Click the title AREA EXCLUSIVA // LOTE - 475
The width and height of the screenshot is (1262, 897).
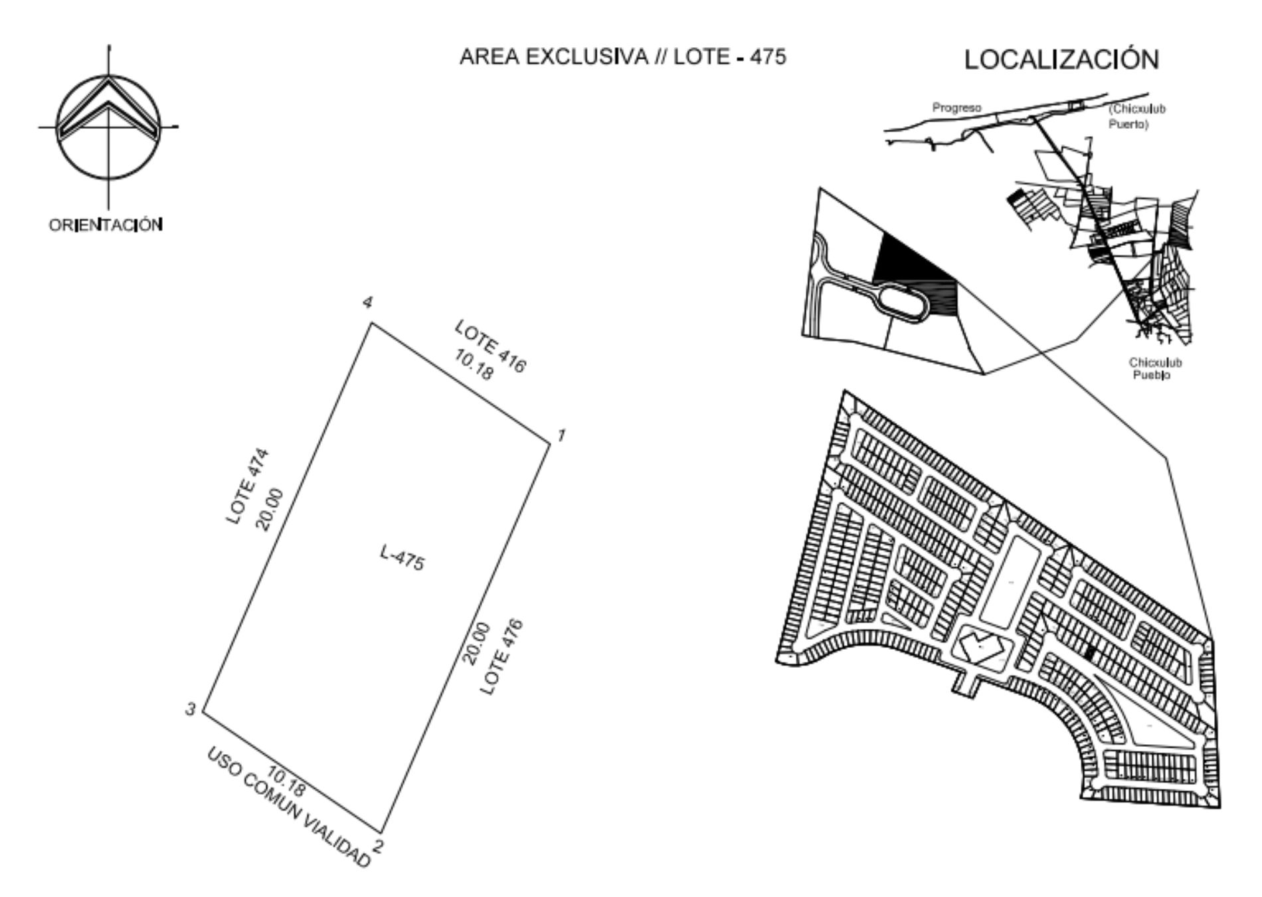622,57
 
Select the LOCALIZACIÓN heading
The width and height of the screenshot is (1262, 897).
1061,60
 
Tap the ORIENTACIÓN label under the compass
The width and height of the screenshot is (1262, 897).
106,225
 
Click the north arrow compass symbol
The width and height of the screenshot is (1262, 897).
108,126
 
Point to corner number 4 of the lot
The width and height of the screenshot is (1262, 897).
371,323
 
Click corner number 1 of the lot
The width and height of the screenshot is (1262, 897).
551,443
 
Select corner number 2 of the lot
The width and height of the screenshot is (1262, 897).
382,832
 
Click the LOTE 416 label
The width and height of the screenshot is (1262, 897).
490,346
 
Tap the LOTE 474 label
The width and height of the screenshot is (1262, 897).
248,486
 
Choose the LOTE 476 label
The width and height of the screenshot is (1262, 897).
501,657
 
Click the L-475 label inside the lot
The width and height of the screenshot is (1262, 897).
402,557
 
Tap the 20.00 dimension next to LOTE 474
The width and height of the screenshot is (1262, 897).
269,510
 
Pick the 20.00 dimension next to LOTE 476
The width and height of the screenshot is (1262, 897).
476,643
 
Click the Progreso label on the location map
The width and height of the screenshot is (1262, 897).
956,108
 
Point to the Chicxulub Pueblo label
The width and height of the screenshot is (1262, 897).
1155,369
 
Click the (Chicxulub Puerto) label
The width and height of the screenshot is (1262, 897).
1136,116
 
